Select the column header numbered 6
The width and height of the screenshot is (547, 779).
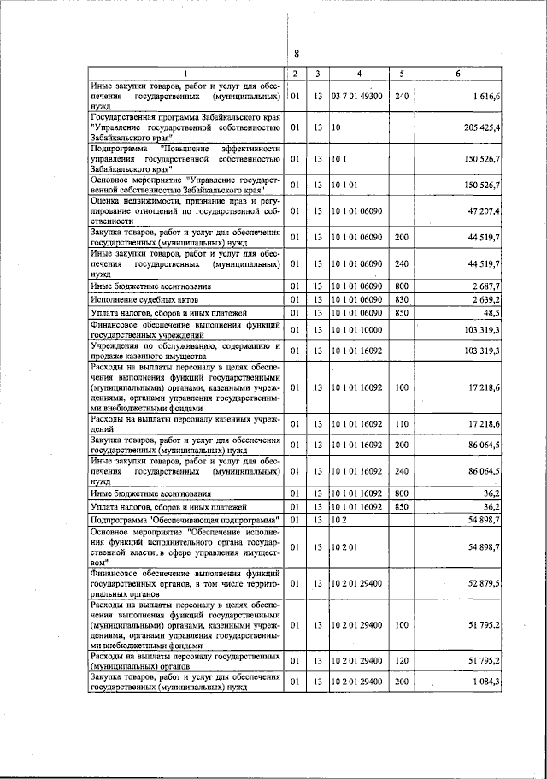pos(458,74)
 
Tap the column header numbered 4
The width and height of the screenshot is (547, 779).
pos(359,74)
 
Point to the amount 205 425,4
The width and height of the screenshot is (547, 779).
pos(481,127)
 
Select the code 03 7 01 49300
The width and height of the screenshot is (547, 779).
pos(358,97)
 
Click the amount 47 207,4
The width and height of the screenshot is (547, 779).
pos(484,210)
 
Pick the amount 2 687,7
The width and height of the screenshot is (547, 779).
pos(486,286)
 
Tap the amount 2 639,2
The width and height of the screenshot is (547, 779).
pos(486,300)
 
